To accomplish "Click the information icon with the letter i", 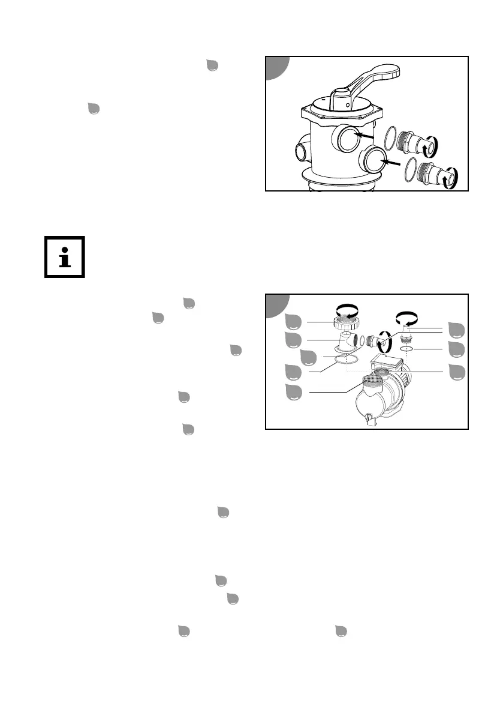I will point(65,257).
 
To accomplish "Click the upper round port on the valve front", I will point(347,138).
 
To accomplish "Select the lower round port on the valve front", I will point(374,161).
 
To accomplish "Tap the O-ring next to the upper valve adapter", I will point(390,137).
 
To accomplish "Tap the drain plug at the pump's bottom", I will point(368,417).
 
